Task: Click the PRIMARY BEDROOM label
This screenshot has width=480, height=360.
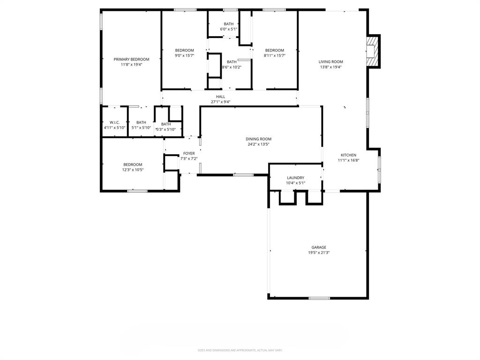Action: point(131,59)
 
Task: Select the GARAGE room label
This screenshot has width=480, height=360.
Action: point(319,247)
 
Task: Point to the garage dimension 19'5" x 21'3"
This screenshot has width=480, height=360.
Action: point(319,253)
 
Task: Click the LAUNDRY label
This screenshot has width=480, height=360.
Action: point(295,178)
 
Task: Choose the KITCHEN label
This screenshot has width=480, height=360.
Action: point(348,155)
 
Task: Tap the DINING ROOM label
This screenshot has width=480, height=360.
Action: point(258,139)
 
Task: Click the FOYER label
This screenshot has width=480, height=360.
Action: point(189,153)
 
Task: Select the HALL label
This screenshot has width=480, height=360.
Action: point(220,97)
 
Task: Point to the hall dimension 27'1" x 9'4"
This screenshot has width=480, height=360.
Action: point(220,102)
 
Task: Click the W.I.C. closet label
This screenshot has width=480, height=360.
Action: point(115,122)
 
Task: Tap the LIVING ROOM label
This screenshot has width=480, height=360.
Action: point(331,61)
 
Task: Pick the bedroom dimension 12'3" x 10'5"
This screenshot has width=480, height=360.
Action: point(133,170)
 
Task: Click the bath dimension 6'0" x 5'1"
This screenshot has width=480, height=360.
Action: point(228,29)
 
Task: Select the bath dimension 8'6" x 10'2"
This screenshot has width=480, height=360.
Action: point(232,67)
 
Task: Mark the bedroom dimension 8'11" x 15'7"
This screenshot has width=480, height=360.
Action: point(274,56)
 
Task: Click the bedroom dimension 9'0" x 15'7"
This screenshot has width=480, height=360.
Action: point(184,56)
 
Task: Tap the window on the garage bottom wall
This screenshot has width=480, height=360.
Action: point(319,298)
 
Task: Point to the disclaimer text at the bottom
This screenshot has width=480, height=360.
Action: point(240,350)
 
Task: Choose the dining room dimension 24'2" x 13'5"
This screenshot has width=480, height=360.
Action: point(258,144)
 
